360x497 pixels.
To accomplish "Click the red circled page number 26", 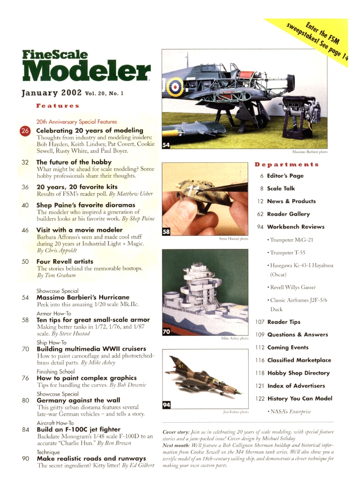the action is [x=25, y=131].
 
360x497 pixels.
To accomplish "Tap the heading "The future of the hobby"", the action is [x=73, y=162].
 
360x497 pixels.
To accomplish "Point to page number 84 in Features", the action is [x=25, y=429].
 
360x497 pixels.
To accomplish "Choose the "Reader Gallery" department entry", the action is [x=288, y=214].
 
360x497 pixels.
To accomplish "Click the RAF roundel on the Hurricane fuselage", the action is [x=175, y=88].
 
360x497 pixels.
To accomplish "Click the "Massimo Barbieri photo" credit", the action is [x=310, y=152].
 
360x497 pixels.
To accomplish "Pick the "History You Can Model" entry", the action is [x=300, y=398].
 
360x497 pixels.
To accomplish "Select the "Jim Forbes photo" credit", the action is [x=234, y=412].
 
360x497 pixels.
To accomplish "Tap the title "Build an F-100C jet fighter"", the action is [x=78, y=429].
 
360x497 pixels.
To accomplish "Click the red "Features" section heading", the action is [x=58, y=106].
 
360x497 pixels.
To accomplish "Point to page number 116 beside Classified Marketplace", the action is [x=260, y=360].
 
